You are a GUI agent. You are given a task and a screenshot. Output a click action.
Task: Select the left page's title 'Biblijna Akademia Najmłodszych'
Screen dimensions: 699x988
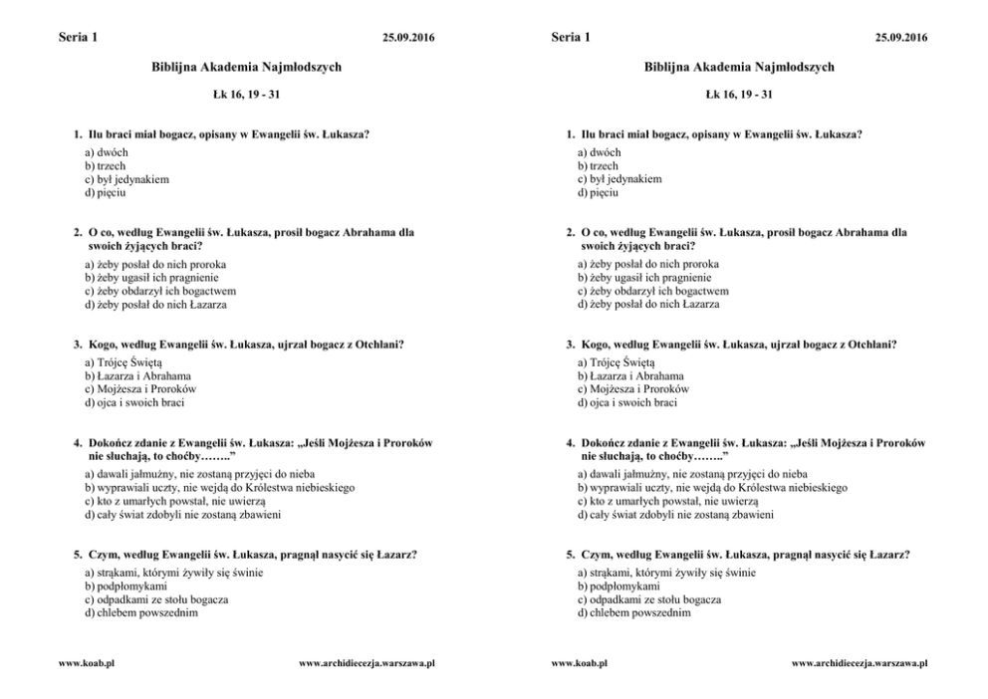click(246, 67)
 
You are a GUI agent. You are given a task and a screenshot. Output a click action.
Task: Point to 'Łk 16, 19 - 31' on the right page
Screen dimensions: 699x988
click(739, 95)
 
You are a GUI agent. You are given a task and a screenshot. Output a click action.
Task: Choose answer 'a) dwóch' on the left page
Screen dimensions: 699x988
click(107, 152)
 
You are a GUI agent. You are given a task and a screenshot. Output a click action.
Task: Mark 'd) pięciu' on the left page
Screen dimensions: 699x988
click(106, 192)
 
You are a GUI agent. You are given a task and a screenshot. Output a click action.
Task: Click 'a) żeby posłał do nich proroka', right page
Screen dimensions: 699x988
click(648, 264)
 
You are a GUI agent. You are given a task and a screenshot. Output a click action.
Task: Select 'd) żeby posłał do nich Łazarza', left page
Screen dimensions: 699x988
click(155, 305)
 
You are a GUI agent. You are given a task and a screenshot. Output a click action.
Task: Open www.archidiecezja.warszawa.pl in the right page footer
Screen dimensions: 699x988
click(860, 662)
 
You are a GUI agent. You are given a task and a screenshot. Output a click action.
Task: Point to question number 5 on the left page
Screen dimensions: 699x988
click(78, 554)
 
